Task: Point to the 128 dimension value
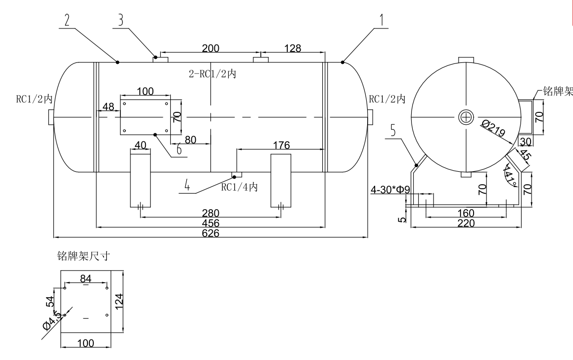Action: point(292,48)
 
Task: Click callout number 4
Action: point(187,186)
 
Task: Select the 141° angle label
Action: point(510,176)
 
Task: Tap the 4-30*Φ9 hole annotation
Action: point(390,190)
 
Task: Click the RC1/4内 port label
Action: point(239,187)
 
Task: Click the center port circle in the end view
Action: point(466,117)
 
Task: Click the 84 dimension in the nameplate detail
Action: point(86,278)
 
